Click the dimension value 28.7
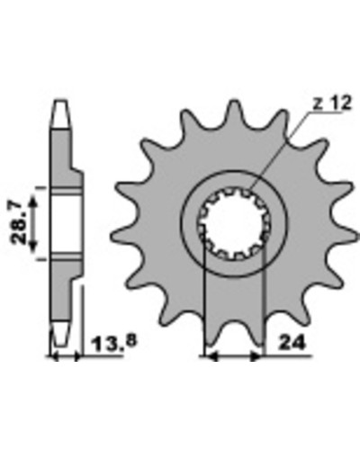coord(17,223)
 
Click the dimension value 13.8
coord(115,343)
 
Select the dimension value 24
coord(292,343)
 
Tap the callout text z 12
coord(331,103)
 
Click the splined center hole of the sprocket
coord(234,223)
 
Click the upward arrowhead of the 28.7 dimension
coord(33,202)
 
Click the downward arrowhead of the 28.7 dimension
coord(33,246)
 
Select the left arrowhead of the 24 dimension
coord(211,357)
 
